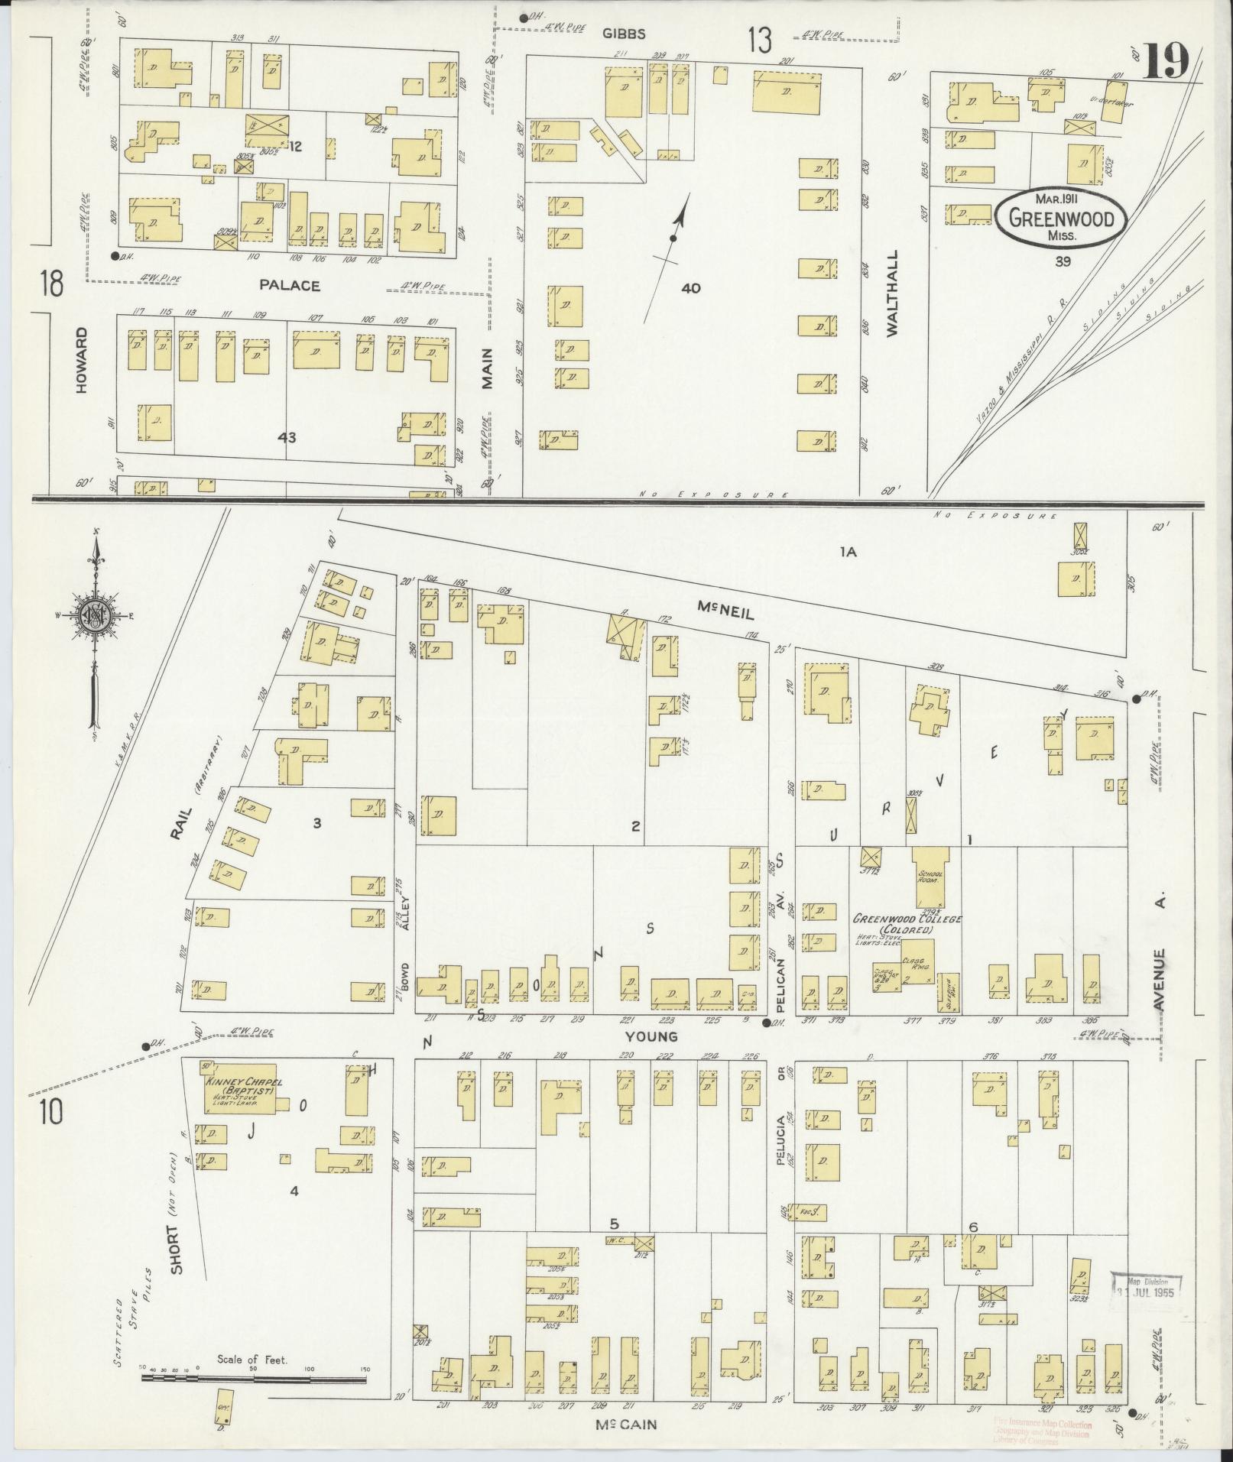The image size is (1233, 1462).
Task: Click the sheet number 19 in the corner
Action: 1166,60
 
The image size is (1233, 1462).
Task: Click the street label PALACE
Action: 288,285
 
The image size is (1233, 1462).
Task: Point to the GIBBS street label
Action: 623,34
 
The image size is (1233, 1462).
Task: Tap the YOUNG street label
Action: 651,1036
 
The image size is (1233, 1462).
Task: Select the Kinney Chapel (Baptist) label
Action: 234,1093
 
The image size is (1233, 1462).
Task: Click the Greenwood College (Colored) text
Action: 907,923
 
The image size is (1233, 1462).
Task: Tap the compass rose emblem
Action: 96,615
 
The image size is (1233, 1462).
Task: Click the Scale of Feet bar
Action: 252,1380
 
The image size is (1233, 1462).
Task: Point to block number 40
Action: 690,288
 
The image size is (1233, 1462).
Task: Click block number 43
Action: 287,438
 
